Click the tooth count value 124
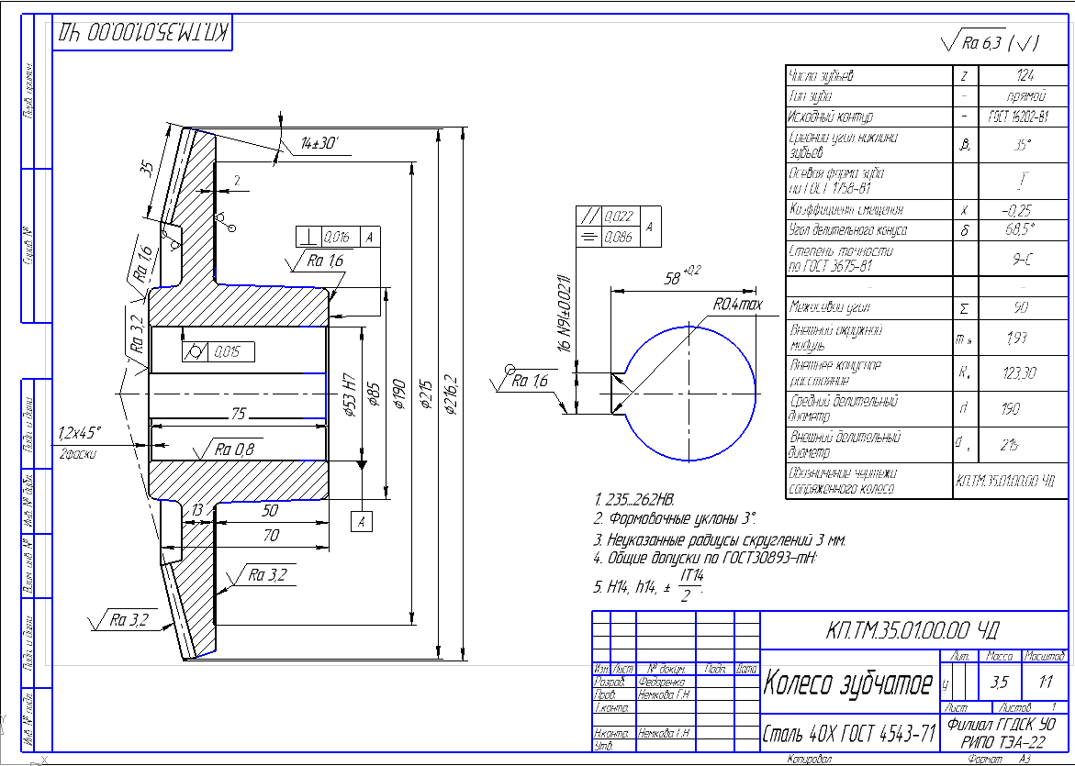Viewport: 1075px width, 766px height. click(1025, 76)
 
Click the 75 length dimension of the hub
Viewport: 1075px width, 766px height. click(239, 414)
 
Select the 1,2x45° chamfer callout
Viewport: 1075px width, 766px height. click(80, 432)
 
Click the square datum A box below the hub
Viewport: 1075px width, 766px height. click(362, 522)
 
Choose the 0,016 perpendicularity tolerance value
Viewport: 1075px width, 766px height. click(337, 237)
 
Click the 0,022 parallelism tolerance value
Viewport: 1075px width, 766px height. click(621, 216)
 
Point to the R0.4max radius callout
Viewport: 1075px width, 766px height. click(738, 304)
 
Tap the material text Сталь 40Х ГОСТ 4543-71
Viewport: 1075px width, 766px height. click(849, 734)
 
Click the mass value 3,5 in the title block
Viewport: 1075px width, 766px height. click(999, 683)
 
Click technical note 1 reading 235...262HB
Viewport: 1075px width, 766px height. click(634, 500)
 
